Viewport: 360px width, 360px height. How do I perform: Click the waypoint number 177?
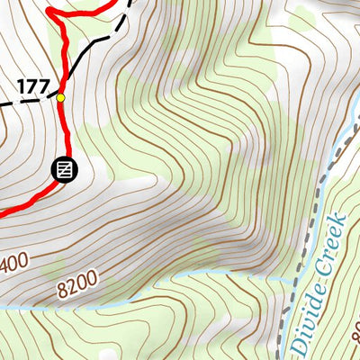(x=32, y=85)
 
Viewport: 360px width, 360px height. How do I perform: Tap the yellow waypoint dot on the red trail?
(x=61, y=97)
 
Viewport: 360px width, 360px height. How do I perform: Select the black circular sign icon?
(x=65, y=168)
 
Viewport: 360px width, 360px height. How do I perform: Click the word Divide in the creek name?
(x=306, y=310)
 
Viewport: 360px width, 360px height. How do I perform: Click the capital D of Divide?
(x=297, y=346)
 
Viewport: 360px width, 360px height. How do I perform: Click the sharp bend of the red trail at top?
(x=50, y=12)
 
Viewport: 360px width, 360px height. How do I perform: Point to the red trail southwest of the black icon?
(x=27, y=202)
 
